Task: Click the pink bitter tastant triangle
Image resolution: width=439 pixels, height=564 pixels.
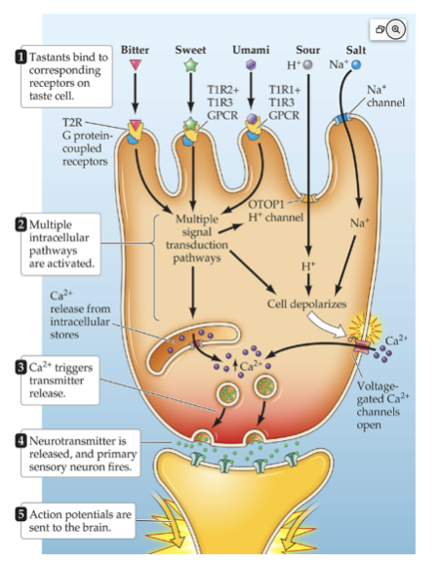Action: pyautogui.click(x=135, y=65)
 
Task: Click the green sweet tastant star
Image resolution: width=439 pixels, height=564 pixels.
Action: pyautogui.click(x=190, y=65)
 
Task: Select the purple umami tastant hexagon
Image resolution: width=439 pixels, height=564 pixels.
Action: pyautogui.click(x=251, y=65)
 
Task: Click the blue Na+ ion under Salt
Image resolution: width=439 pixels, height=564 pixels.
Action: pyautogui.click(x=357, y=65)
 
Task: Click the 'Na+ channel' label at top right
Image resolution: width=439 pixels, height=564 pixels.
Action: pyautogui.click(x=383, y=96)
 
